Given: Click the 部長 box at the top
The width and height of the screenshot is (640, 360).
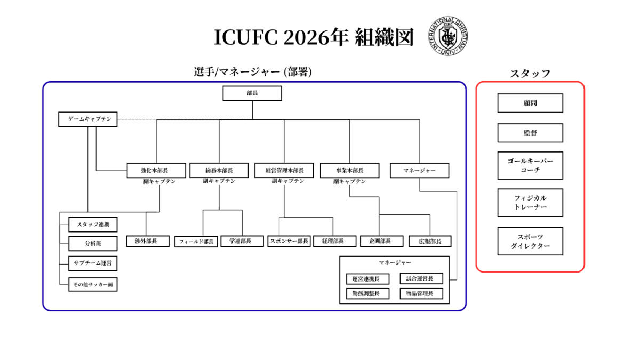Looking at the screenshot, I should click(252, 93).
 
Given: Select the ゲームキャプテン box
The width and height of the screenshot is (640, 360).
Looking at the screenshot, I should click(87, 119).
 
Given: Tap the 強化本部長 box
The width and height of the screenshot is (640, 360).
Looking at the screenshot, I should click(156, 171).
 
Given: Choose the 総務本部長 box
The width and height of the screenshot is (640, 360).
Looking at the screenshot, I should click(219, 171).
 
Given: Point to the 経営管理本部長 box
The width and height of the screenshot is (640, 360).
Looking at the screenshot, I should click(284, 171).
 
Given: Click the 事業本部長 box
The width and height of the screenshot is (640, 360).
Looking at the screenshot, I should click(349, 171).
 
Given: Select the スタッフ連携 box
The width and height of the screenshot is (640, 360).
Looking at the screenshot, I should click(93, 225).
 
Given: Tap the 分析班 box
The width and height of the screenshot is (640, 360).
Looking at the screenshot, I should click(93, 244).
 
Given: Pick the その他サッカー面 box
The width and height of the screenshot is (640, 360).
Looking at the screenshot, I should click(93, 285).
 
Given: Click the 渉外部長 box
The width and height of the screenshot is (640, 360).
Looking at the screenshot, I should click(148, 241).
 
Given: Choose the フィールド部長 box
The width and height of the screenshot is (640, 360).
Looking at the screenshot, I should click(196, 242).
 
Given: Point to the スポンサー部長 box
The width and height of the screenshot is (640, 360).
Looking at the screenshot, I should click(289, 241).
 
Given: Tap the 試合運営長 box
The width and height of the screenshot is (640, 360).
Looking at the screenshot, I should click(421, 278).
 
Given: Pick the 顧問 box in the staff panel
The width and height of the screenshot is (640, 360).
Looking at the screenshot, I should click(530, 103).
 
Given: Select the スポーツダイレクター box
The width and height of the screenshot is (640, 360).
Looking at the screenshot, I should click(530, 242).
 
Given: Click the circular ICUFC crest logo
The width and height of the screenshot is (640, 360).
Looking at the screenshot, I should click(448, 36).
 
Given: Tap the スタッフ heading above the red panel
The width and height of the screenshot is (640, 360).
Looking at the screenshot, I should click(530, 74).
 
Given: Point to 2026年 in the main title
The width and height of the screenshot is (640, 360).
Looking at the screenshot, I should click(316, 37).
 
